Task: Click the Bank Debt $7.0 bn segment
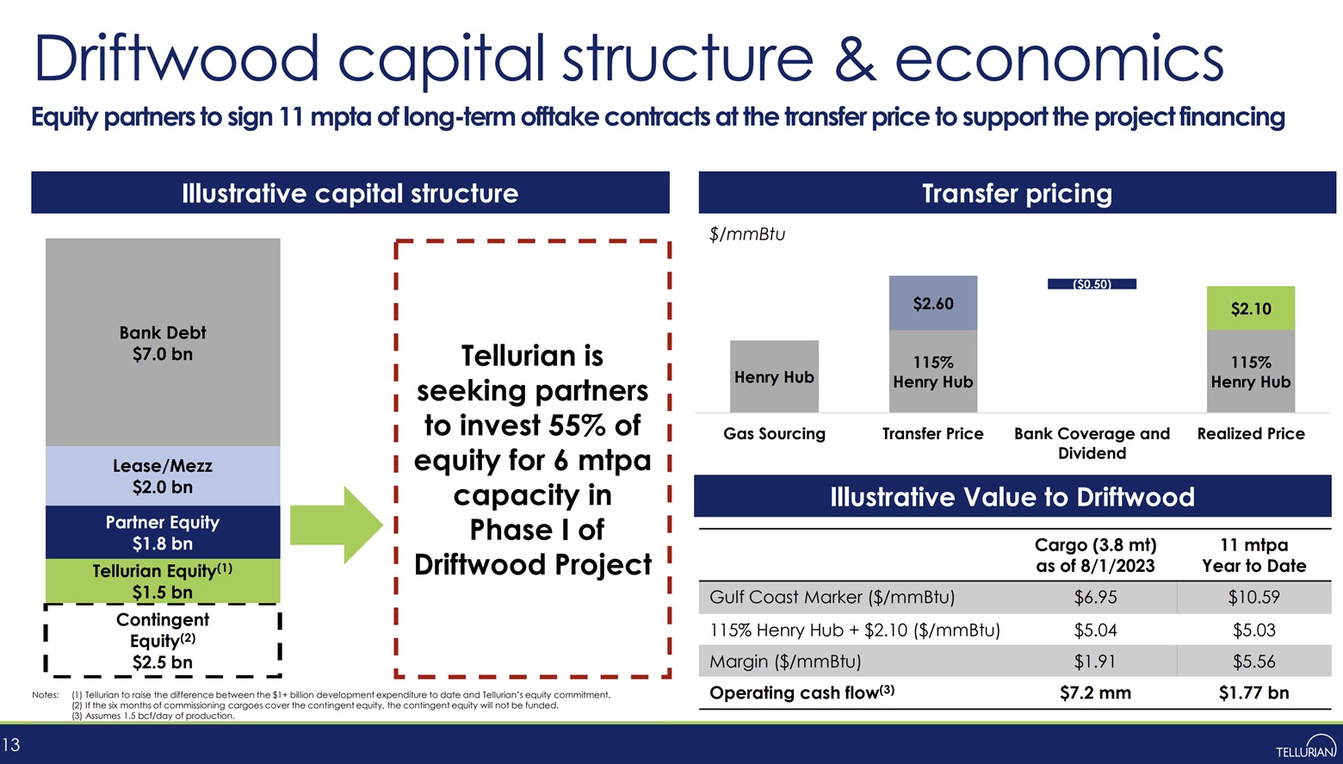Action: [163, 343]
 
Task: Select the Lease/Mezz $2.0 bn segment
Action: [163, 476]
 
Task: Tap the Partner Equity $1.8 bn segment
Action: [163, 532]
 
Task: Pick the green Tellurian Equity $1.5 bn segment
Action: [163, 581]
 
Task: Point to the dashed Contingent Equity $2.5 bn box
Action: [163, 640]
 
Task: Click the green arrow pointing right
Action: [335, 525]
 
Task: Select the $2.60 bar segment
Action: [933, 303]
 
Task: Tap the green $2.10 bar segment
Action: [1250, 308]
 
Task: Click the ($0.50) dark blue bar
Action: [1092, 284]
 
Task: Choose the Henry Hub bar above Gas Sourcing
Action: [774, 376]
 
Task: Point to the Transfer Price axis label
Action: [932, 434]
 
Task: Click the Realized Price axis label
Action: [1250, 434]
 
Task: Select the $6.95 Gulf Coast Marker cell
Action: [1095, 598]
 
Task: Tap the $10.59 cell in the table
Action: [1253, 598]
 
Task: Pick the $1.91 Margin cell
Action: [1095, 662]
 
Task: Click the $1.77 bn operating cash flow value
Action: [1253, 693]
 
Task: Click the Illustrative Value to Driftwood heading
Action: [1012, 497]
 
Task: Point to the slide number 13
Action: [11, 745]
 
